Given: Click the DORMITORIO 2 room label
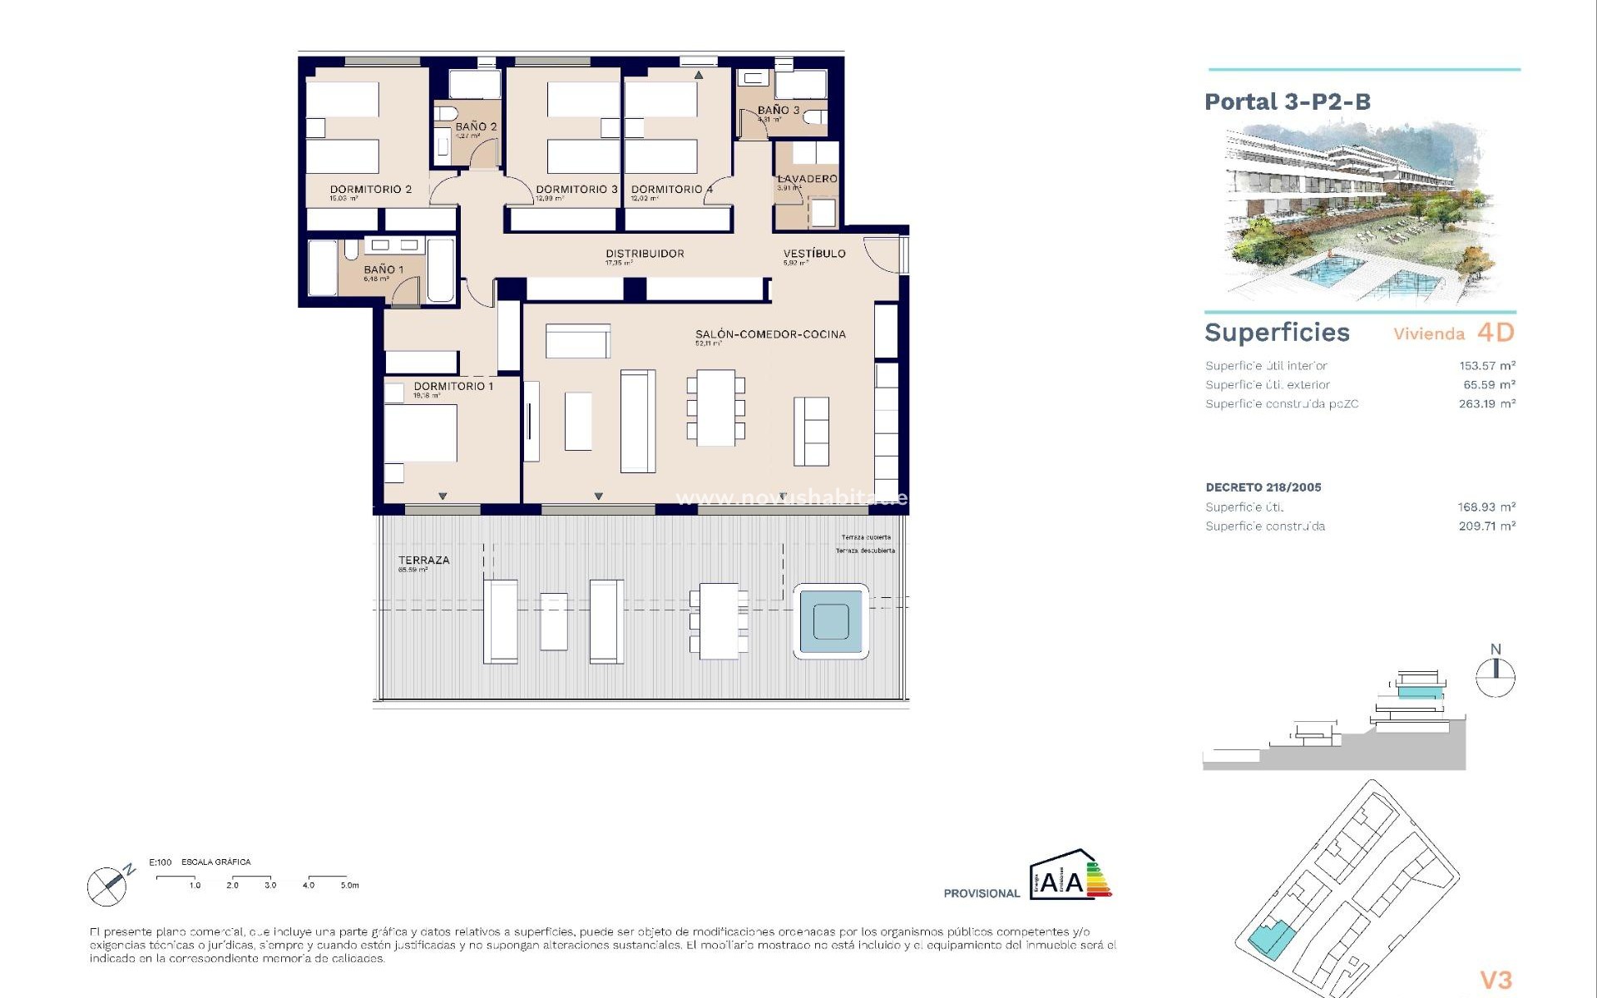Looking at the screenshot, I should click(x=370, y=190).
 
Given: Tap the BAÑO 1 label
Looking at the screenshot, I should click(x=383, y=269).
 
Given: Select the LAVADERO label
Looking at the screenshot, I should click(x=807, y=179).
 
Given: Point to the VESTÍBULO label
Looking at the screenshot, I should click(x=813, y=254).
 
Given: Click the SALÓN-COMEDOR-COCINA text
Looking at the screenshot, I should click(x=770, y=334).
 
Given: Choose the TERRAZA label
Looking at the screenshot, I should click(x=423, y=561).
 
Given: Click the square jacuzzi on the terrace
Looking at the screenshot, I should click(x=830, y=621).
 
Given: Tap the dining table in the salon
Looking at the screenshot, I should click(x=715, y=408).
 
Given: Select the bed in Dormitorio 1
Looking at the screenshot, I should click(x=420, y=432).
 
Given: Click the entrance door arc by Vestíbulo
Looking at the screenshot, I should click(x=882, y=254).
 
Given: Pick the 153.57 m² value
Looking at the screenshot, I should click(x=1486, y=366).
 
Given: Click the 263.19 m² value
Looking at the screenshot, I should click(x=1486, y=404).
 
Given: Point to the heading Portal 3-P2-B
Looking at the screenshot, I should click(x=1287, y=102).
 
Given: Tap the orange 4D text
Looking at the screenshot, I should click(x=1496, y=333).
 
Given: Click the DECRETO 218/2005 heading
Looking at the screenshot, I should click(x=1263, y=487).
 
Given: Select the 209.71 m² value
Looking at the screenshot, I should click(x=1486, y=526).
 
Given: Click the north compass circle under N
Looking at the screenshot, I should click(x=1495, y=678).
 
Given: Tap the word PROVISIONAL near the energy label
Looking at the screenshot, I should click(x=981, y=894).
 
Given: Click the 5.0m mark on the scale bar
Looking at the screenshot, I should click(x=349, y=886).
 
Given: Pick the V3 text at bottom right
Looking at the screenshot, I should click(x=1496, y=980).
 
